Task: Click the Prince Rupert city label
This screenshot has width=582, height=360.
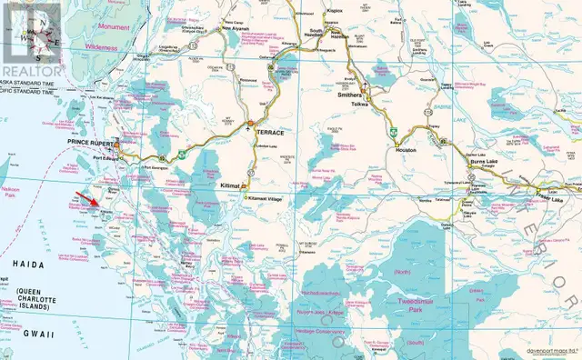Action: pyautogui.click(x=94, y=143)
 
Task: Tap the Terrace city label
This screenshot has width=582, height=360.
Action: pyautogui.click(x=271, y=133)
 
